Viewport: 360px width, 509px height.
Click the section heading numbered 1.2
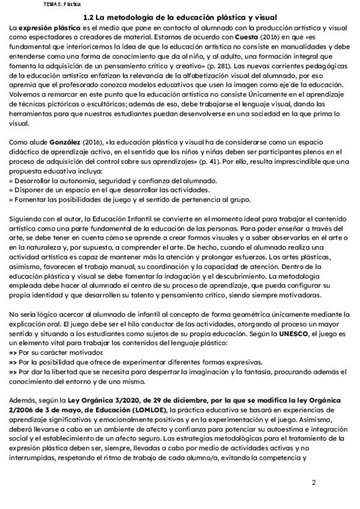coord(180,18)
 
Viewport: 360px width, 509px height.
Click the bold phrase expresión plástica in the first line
coord(43,28)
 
